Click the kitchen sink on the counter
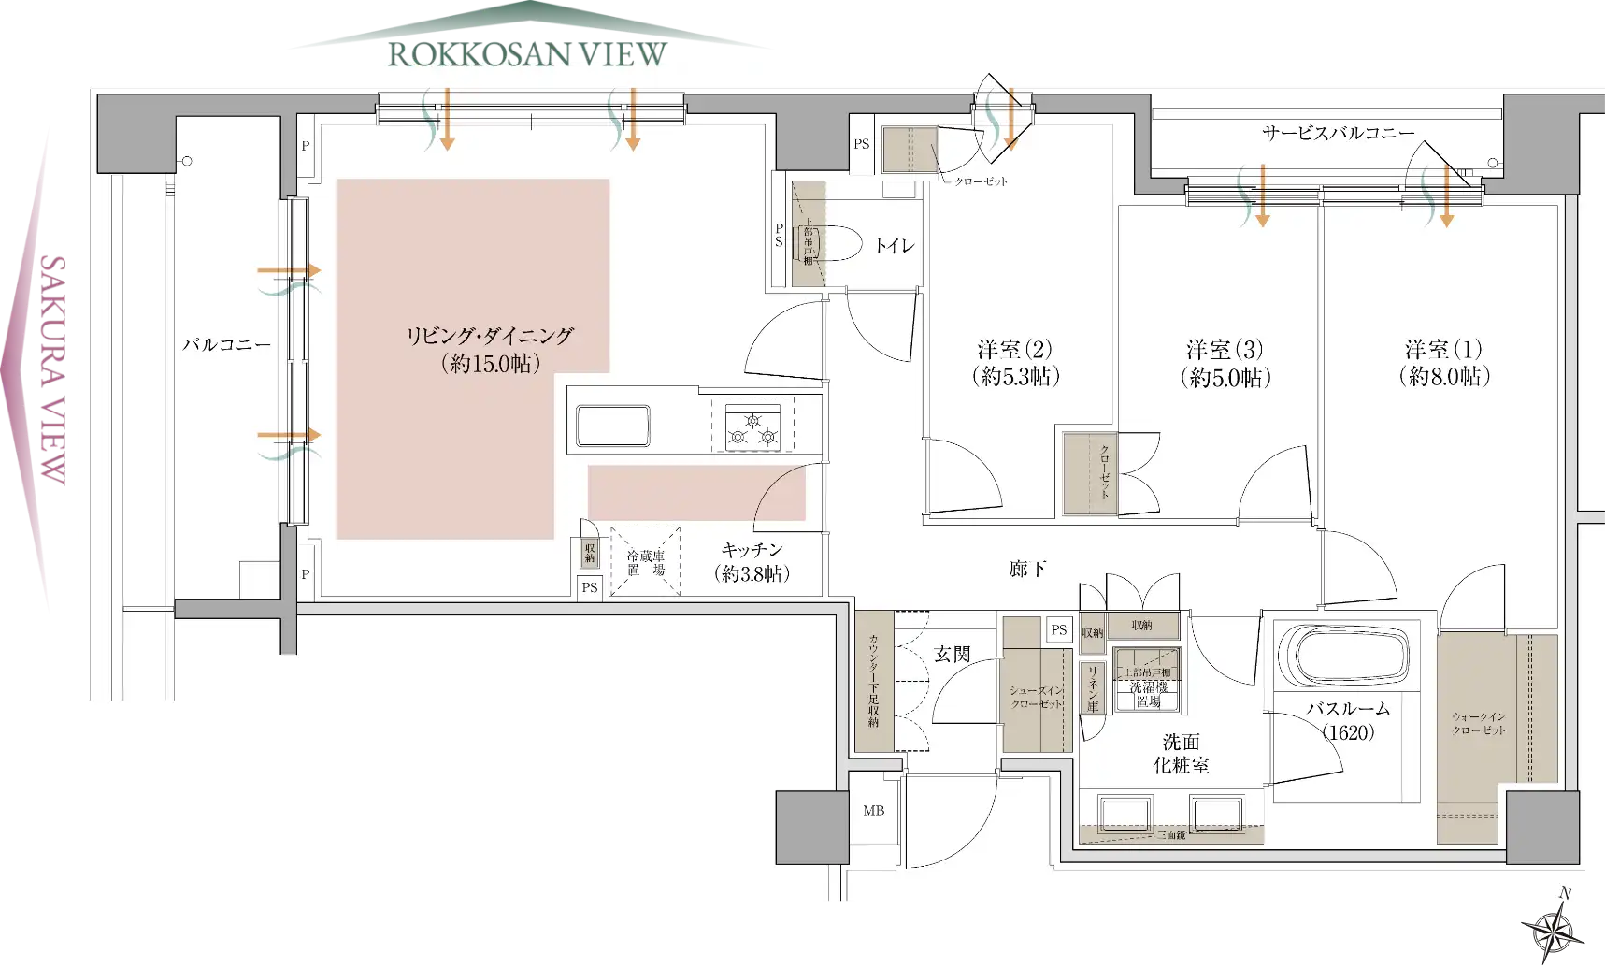click(612, 426)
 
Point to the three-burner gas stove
click(753, 426)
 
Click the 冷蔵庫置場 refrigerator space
click(645, 562)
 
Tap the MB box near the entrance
click(873, 811)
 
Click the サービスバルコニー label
click(1338, 134)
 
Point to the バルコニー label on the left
click(226, 345)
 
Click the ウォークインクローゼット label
click(1479, 723)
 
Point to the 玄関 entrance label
click(952, 655)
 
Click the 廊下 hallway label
click(1026, 569)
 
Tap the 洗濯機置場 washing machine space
click(1147, 686)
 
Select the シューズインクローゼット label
click(1036, 697)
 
